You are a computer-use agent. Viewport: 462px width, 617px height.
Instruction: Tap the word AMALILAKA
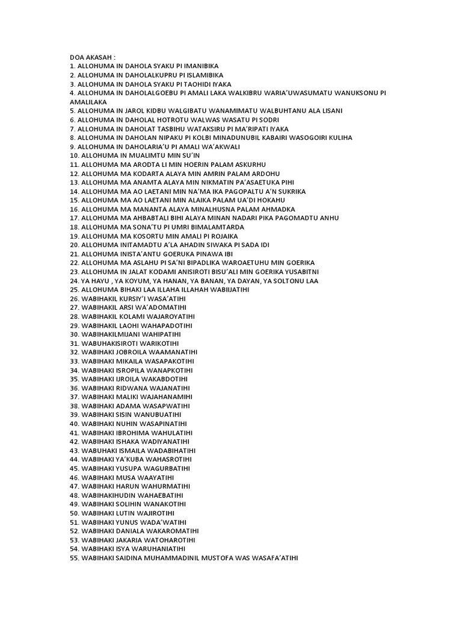(x=88, y=102)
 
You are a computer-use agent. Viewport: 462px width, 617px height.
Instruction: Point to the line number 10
(x=75, y=155)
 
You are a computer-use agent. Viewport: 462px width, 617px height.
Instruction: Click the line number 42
(x=75, y=442)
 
